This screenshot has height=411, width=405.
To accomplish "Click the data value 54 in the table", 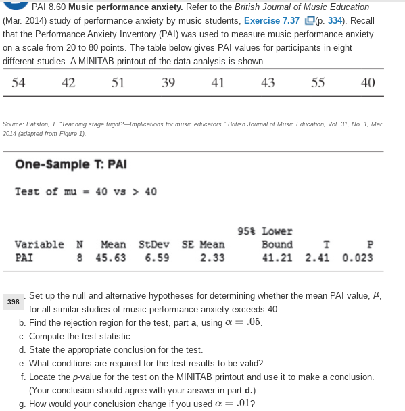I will pyautogui.click(x=19, y=83).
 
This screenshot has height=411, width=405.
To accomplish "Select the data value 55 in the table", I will pyautogui.click(x=318, y=83).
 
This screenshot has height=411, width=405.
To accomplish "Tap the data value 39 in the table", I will pyautogui.click(x=168, y=83).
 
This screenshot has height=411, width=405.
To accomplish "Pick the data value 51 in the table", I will pyautogui.click(x=118, y=83).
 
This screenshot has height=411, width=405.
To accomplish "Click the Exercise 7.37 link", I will pyautogui.click(x=272, y=20).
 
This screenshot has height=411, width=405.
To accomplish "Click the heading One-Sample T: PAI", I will pyautogui.click(x=71, y=165).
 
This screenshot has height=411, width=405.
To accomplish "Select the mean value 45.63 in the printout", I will pyautogui.click(x=110, y=258).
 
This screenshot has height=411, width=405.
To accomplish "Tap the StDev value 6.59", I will pyautogui.click(x=157, y=258).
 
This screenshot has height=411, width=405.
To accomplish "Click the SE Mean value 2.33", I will pyautogui.click(x=212, y=258).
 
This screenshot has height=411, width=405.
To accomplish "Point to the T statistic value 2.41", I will pyautogui.click(x=318, y=258).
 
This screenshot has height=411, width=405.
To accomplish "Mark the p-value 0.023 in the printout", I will pyautogui.click(x=357, y=258).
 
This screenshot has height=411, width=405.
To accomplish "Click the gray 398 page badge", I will pyautogui.click(x=12, y=302).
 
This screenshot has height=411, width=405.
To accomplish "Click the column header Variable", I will pyautogui.click(x=39, y=245).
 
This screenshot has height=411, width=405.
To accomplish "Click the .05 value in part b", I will pyautogui.click(x=253, y=322).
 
